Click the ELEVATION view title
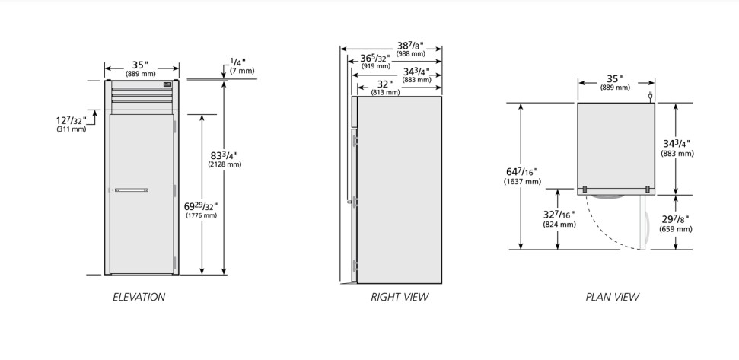point(139,297)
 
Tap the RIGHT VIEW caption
point(400,297)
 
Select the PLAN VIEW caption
point(612,297)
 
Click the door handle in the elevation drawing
point(132,190)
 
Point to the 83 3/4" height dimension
point(225,159)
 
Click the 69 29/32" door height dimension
point(201,210)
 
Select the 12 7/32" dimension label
point(72,123)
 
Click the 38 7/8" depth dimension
point(410,49)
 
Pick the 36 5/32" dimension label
point(376,62)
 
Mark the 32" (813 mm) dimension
point(385,88)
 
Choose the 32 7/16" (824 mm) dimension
point(559,219)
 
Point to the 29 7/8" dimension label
point(676,223)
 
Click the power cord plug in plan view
point(650,97)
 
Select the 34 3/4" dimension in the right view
point(416,75)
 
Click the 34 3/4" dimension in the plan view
point(677,148)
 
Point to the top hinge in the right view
point(355,140)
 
